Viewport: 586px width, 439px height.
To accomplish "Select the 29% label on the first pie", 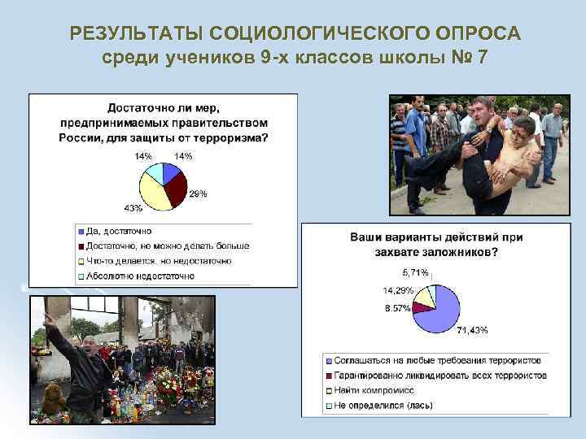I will point(198,193).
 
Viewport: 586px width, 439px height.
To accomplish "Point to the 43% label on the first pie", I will point(133,208).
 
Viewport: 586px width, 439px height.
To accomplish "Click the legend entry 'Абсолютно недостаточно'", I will point(139,276).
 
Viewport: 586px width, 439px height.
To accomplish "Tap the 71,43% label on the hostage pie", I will point(472,329).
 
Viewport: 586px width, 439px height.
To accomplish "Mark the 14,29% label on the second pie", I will point(398,290).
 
